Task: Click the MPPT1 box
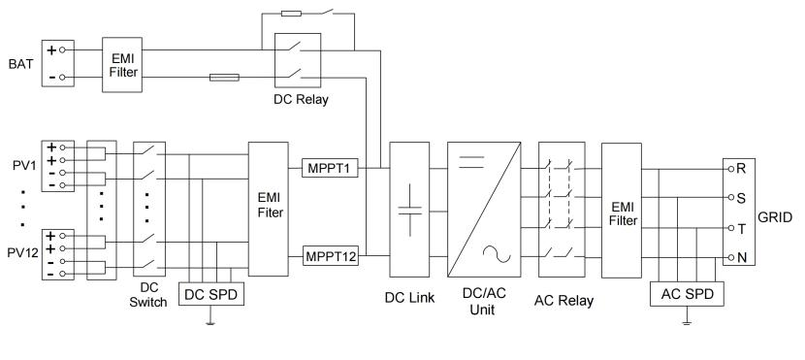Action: point(331,169)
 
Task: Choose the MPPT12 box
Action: point(331,257)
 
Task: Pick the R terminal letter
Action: point(741,168)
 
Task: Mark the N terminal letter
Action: point(741,258)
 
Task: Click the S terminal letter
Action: point(741,198)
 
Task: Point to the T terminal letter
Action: point(741,228)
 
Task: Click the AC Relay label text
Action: point(564,300)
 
